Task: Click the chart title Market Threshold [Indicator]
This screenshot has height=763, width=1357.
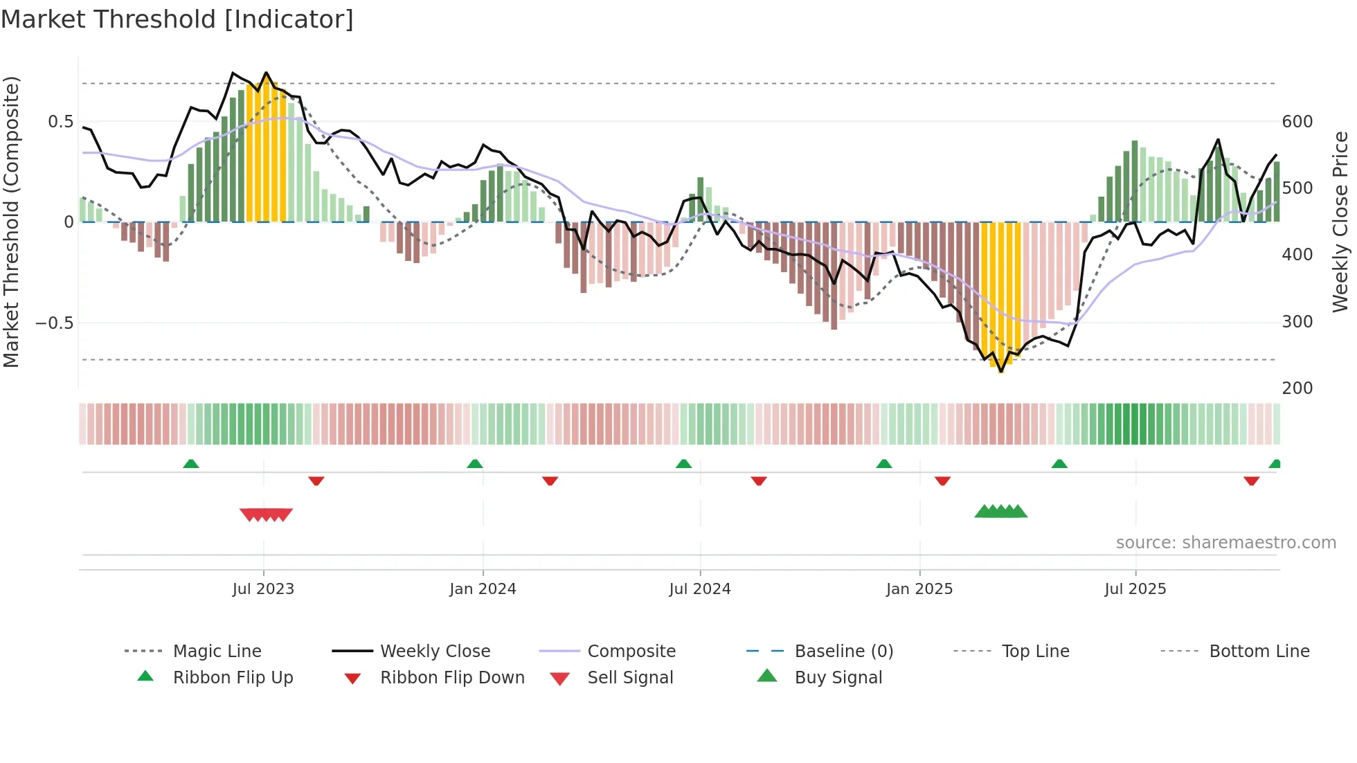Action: [x=177, y=19]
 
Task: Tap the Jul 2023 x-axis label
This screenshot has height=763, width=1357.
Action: [x=263, y=589]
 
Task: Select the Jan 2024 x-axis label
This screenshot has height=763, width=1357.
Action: [x=483, y=589]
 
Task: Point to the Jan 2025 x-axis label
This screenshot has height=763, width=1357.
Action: [x=919, y=589]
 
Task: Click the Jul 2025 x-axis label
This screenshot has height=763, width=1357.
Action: [x=1135, y=589]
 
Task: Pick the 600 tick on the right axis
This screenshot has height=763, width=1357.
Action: [x=1297, y=122]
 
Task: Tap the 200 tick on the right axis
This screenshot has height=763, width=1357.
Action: [x=1297, y=388]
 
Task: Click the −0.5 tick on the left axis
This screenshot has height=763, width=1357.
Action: [x=54, y=323]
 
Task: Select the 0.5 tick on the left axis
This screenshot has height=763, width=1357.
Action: [x=60, y=122]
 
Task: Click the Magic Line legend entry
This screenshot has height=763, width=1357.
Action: [x=217, y=652]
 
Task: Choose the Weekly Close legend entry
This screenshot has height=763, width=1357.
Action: [x=435, y=652]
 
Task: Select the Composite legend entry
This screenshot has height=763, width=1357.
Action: [x=631, y=652]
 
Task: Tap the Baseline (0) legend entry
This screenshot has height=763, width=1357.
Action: [x=844, y=652]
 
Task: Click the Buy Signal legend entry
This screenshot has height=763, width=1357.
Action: [x=838, y=678]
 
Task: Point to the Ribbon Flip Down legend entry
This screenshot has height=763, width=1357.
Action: [x=452, y=678]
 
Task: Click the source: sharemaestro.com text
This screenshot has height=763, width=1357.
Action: [x=1226, y=543]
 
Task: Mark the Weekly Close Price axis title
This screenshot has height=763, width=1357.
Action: [x=1341, y=222]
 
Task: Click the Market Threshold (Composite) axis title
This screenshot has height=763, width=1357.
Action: [x=11, y=222]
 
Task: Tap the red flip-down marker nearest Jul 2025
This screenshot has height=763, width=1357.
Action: [x=1251, y=481]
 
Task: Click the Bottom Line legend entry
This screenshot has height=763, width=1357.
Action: [x=1259, y=652]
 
